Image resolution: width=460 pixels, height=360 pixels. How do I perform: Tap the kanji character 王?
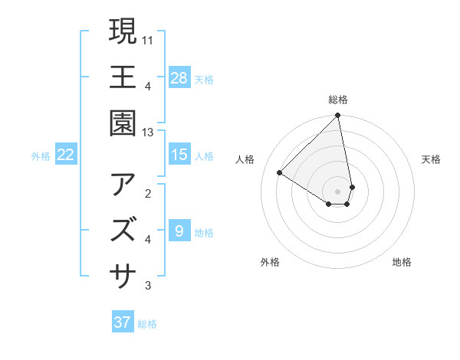123,78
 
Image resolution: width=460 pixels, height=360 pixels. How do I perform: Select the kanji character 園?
123,125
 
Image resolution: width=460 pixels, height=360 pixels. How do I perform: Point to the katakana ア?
123,185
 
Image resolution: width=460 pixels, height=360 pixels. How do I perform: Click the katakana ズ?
123,230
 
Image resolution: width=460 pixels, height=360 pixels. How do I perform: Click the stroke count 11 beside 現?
148,39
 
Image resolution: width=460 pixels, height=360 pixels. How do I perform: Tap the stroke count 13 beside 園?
148,133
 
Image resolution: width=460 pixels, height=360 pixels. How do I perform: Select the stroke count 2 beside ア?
148,192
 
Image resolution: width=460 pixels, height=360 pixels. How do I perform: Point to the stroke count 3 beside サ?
148,286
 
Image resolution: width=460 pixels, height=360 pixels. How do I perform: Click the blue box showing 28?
179,78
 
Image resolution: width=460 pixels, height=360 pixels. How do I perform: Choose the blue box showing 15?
179,155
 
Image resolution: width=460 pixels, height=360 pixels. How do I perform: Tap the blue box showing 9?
179,231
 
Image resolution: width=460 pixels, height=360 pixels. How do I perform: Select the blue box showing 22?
65,155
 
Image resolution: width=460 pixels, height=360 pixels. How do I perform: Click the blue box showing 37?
123,322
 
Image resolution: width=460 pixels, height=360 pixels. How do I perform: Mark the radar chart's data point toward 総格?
337,116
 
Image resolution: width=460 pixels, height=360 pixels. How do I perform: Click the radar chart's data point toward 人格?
280,173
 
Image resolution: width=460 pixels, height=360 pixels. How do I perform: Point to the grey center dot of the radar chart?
337,190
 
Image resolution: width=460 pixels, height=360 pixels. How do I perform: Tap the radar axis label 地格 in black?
402,263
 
